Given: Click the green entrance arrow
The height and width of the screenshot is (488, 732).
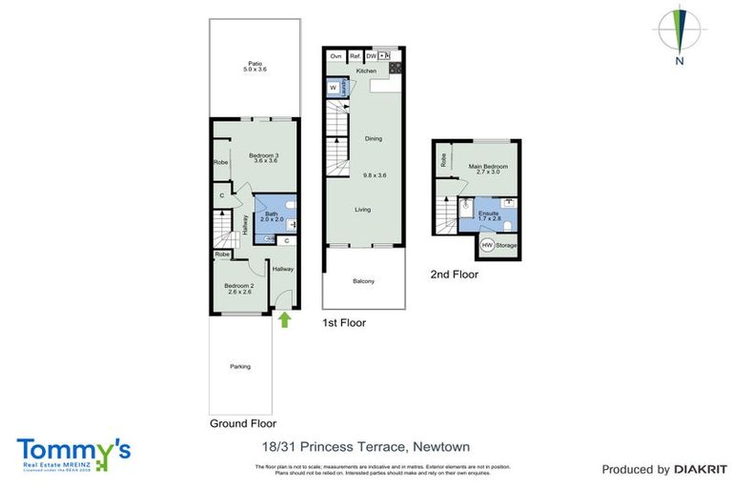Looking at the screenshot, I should tap(283, 319).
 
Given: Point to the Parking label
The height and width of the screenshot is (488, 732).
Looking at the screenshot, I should tap(239, 366).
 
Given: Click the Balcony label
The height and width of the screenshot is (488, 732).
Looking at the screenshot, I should tap(363, 281).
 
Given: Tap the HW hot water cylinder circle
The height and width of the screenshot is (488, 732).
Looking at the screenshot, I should tap(488, 246).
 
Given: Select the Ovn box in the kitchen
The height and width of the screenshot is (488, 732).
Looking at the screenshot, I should tap(335, 56).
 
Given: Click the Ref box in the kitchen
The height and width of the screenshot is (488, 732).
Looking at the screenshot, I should tap(354, 56).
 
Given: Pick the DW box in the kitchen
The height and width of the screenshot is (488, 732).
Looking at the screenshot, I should tap(371, 56).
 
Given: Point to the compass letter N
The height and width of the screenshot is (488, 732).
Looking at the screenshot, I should tap(680, 61).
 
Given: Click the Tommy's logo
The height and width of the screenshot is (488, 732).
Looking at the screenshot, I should tap(73, 452).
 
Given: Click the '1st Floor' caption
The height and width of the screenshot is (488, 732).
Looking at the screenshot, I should tap(344, 323).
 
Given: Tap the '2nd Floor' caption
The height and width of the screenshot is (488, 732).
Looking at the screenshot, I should tap(454, 274).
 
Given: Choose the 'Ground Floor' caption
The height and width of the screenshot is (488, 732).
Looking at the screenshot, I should tap(242, 423).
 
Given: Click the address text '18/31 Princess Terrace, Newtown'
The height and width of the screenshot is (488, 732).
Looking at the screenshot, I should tap(366, 447).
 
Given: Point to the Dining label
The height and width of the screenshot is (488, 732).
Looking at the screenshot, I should tap(373, 138).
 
